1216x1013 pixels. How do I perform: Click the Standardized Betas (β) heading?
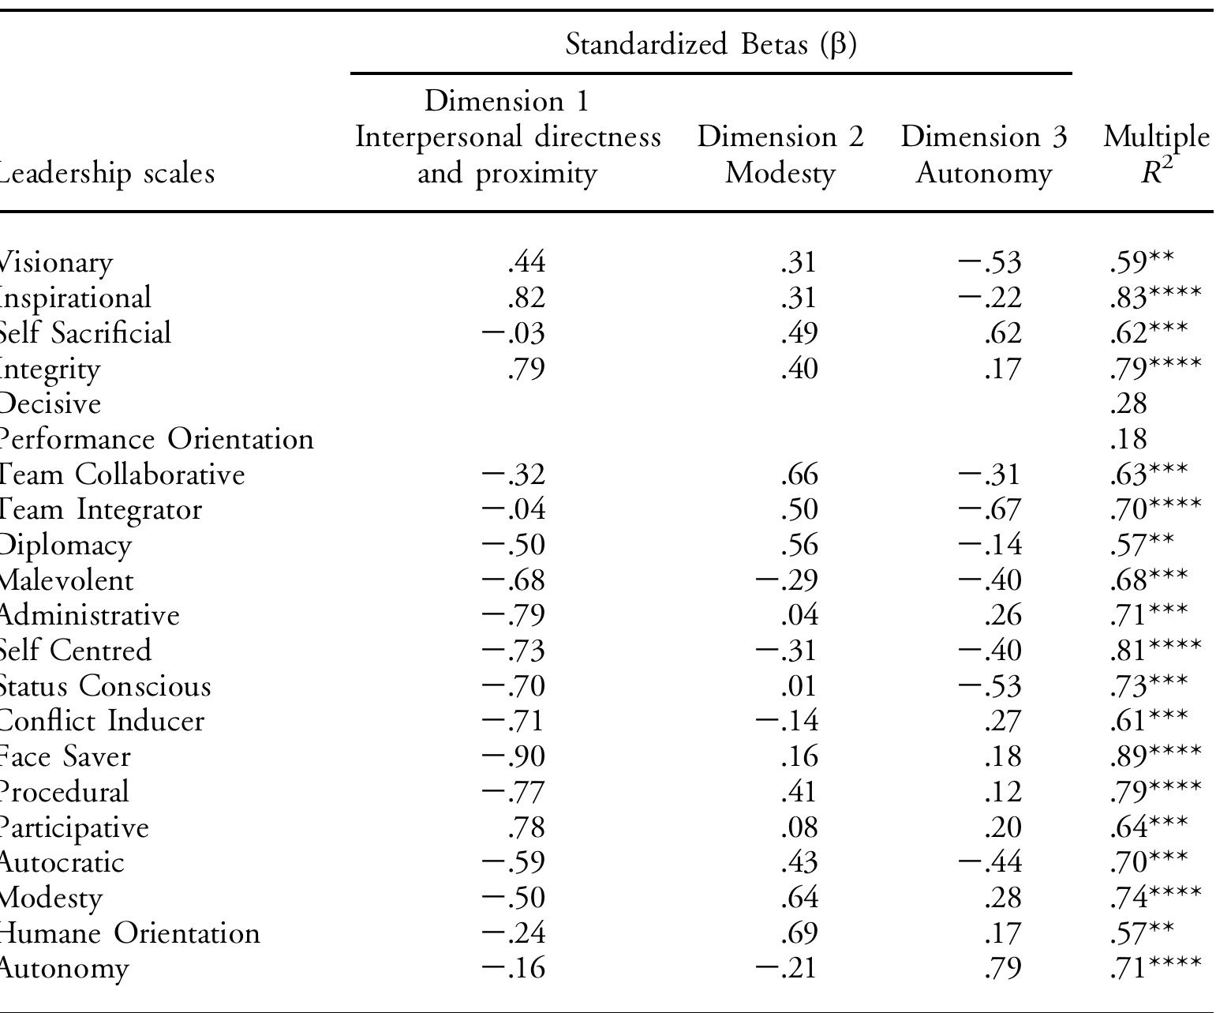(711, 45)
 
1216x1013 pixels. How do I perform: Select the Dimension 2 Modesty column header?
(780, 155)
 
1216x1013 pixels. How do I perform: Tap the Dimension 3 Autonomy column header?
(983, 155)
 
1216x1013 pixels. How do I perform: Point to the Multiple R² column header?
(1155, 155)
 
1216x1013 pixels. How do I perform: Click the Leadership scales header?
(107, 173)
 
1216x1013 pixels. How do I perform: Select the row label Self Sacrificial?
(84, 332)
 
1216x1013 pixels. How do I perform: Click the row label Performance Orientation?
(155, 438)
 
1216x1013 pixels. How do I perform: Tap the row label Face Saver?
(64, 756)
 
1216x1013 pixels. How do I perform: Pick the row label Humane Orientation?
(129, 933)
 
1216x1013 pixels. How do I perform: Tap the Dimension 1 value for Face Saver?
(514, 756)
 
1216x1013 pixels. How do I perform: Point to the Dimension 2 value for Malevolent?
(787, 580)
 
